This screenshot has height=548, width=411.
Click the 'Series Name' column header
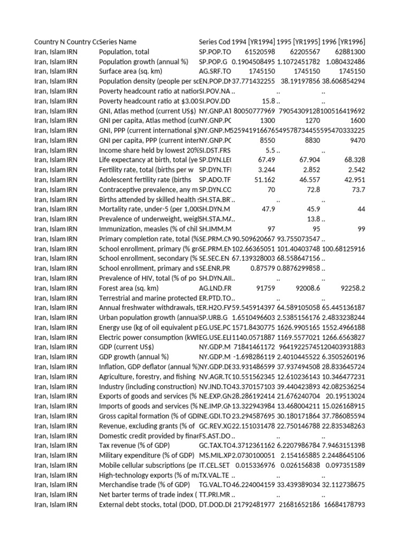118,42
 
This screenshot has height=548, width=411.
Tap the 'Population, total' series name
126,52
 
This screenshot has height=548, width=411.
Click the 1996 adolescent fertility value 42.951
353,180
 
